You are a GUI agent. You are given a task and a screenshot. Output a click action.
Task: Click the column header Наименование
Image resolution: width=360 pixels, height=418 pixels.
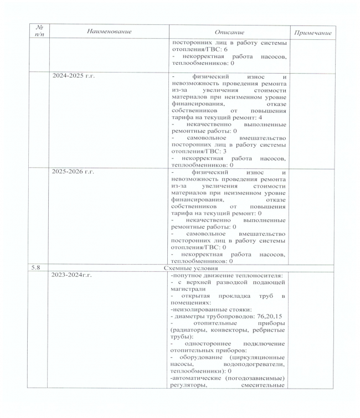coord(110,32)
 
